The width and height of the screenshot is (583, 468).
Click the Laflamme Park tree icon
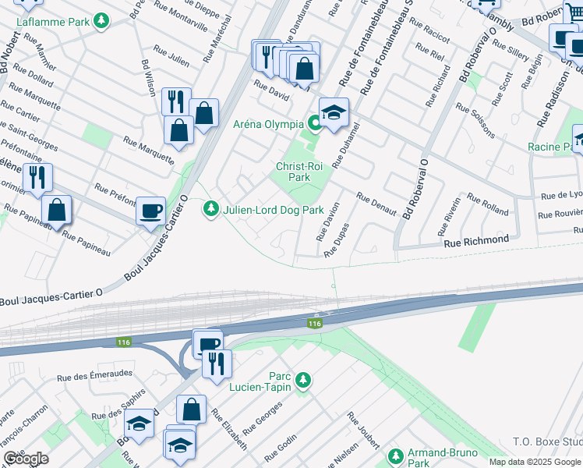101,21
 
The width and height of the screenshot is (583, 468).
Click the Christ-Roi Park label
293,172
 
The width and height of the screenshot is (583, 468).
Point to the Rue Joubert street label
363,430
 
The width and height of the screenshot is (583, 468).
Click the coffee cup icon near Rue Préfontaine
150,210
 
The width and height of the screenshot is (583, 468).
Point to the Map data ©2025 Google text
535,462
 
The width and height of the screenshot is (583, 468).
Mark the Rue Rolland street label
489,207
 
